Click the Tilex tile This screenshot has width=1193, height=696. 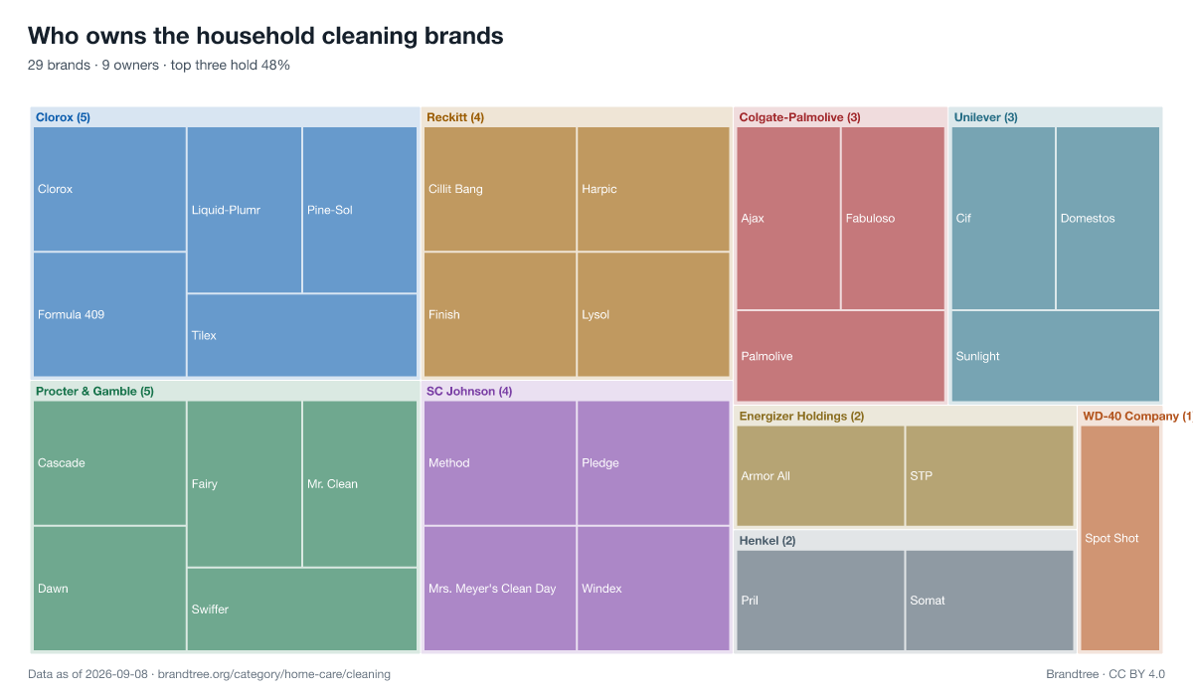(x=302, y=335)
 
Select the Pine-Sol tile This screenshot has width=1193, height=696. (x=360, y=210)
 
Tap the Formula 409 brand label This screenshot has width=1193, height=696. (x=71, y=315)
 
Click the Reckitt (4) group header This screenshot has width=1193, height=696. (x=455, y=117)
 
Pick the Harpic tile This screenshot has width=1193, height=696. (x=653, y=189)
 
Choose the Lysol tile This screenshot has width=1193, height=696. (x=653, y=315)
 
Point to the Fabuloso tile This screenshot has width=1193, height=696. (x=893, y=219)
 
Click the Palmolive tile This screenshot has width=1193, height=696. (x=840, y=356)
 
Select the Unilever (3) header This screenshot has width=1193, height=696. (x=986, y=117)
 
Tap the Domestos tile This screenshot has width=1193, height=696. (x=1108, y=219)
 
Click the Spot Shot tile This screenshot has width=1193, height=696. (x=1120, y=538)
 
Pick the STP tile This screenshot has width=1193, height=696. (x=989, y=476)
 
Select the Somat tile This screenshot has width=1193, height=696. (x=989, y=601)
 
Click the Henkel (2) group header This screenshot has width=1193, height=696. (x=767, y=541)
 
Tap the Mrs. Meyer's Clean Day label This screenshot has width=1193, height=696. (x=492, y=589)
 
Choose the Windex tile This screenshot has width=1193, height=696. (x=653, y=589)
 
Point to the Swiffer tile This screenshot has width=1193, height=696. (x=302, y=609)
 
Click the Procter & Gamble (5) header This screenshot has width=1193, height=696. (x=94, y=392)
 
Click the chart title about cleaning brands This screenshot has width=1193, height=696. (x=265, y=36)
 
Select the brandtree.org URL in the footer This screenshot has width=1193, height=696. (x=273, y=674)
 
